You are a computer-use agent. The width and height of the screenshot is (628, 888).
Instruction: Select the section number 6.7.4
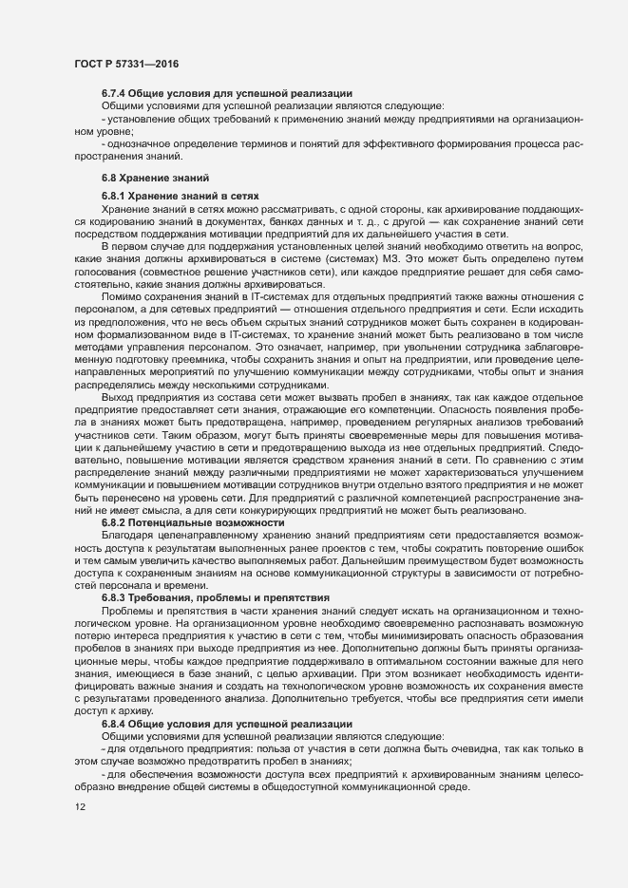pos(116,93)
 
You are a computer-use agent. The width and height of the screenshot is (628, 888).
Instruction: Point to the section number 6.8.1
pos(116,194)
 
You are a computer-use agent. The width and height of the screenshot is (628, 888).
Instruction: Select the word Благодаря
pos(125,536)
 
